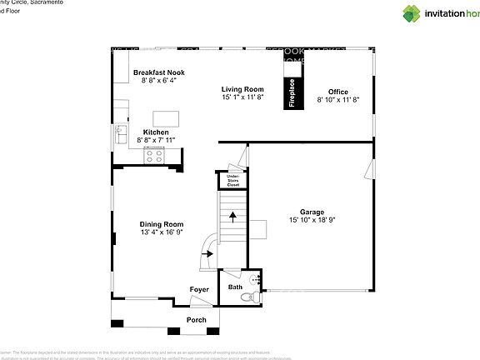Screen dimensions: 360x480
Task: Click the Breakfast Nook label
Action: pyautogui.click(x=158, y=72)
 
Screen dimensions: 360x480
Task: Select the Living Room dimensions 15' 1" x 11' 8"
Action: pyautogui.click(x=242, y=97)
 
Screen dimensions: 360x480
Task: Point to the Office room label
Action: pyautogui.click(x=337, y=92)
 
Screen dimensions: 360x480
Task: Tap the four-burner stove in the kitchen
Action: pyautogui.click(x=155, y=154)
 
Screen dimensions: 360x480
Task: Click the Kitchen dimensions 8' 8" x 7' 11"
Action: pyautogui.click(x=157, y=141)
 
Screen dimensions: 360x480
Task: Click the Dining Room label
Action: pyautogui.click(x=162, y=224)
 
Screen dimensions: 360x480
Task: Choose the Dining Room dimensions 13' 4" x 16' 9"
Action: pyautogui.click(x=162, y=232)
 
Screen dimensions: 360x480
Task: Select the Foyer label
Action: pyautogui.click(x=199, y=289)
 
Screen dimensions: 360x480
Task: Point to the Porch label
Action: pyautogui.click(x=196, y=320)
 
